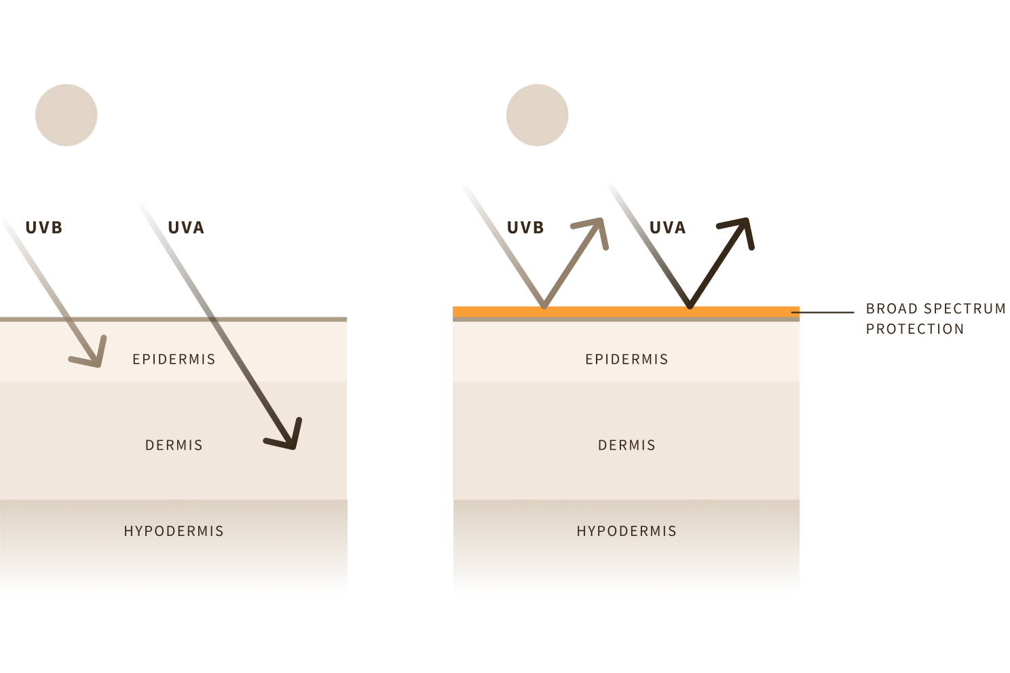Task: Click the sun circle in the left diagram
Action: coord(67,115)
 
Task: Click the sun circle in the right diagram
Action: coord(538,115)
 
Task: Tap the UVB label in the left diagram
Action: coord(44,227)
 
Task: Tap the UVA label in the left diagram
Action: coord(186,227)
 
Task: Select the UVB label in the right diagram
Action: coord(526,227)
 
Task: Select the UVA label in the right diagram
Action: coord(668,227)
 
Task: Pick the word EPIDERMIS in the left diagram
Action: coord(174,359)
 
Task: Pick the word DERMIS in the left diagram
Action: coord(174,445)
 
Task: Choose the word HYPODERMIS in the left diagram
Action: coord(174,531)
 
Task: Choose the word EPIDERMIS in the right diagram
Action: coord(626,359)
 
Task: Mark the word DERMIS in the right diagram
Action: coord(626,445)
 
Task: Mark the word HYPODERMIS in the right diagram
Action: coord(626,531)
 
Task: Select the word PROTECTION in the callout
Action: coord(915,329)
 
